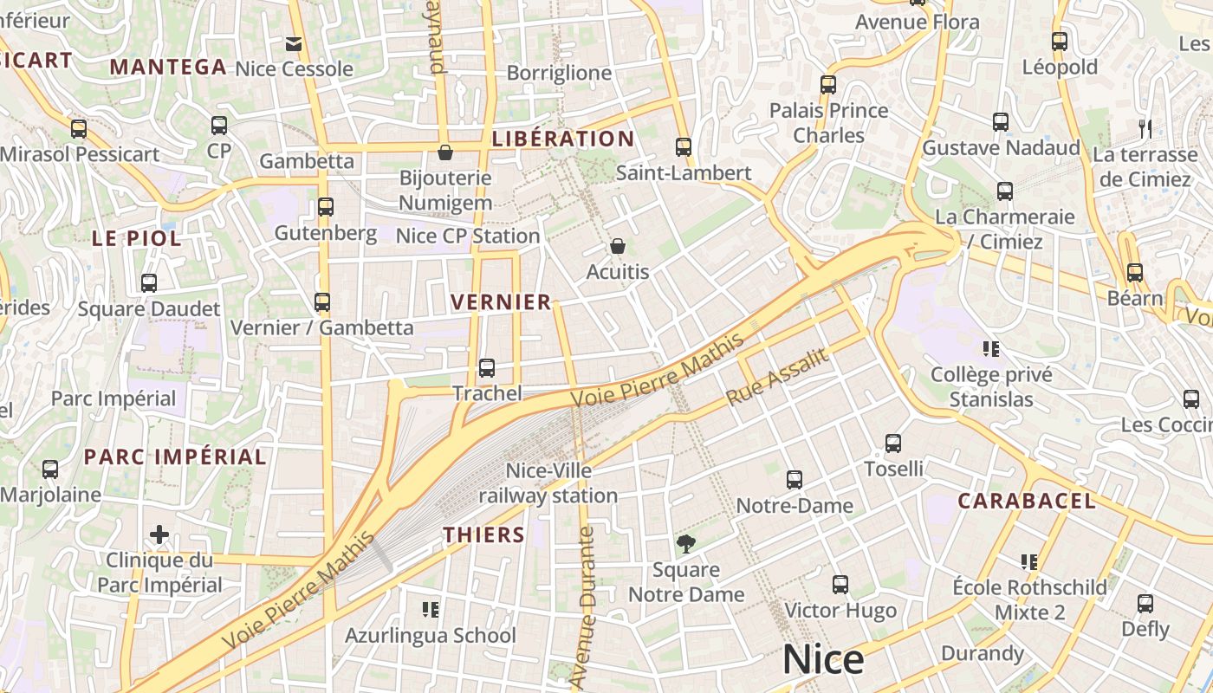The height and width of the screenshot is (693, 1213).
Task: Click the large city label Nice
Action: point(822,660)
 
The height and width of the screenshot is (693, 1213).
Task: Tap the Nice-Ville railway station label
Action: point(548,483)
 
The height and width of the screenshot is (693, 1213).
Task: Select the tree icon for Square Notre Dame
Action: point(685,544)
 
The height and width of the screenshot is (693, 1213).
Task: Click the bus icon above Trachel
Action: point(487,367)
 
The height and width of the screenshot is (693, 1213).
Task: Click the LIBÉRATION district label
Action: point(563,139)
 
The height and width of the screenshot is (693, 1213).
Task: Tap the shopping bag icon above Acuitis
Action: point(618,247)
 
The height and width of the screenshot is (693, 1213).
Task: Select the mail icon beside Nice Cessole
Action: point(294,43)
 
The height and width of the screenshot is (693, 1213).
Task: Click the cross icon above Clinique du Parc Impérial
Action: point(159,534)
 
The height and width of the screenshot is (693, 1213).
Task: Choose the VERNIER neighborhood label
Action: point(501,301)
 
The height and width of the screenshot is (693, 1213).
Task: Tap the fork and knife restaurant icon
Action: point(1145,129)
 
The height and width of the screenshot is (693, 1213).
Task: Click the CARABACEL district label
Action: point(1027,501)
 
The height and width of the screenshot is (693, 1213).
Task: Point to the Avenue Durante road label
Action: point(584,606)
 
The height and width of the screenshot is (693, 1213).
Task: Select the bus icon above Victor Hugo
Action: point(840,585)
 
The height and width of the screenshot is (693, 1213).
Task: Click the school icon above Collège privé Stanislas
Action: point(991,349)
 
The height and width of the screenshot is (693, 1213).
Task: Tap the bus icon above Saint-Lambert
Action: point(684,147)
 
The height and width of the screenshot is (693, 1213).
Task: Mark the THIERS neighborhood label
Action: point(484,534)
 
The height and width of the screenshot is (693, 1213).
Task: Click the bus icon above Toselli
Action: point(893,444)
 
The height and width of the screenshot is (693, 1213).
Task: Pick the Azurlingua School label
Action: point(431,635)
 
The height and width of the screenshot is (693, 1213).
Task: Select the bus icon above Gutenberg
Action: point(326,207)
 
